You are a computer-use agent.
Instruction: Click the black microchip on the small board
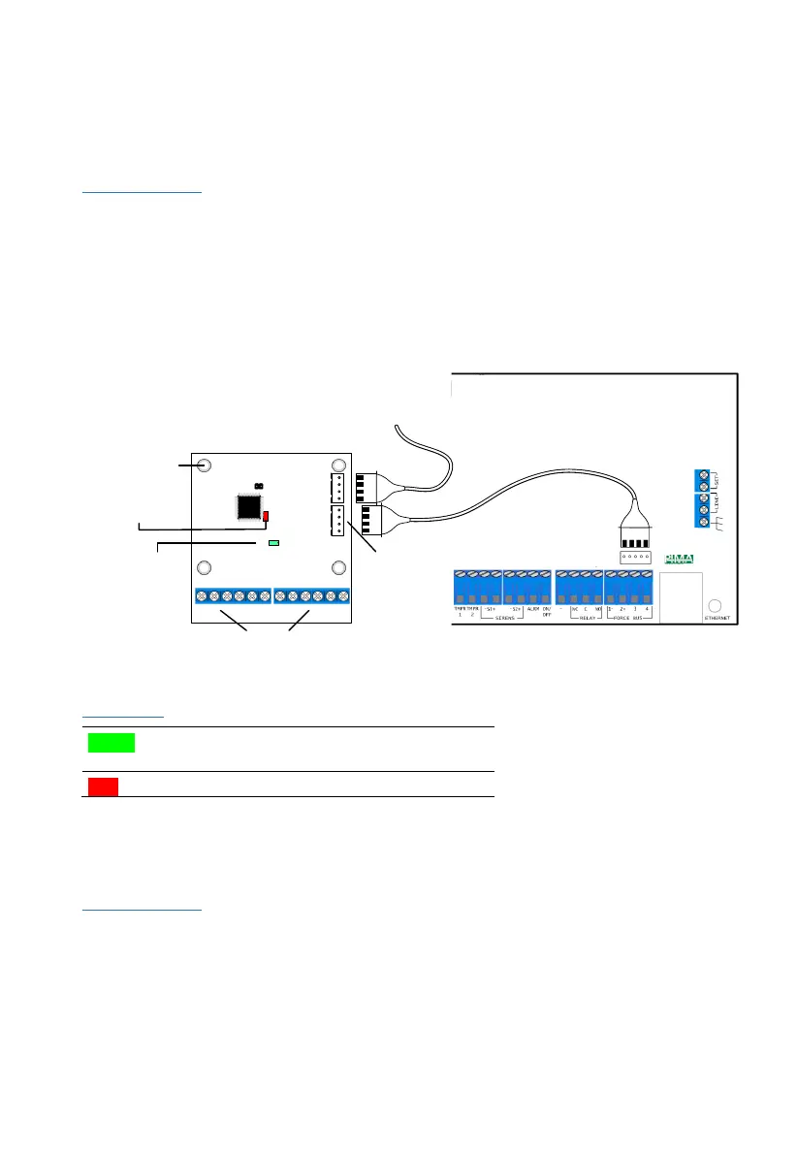pos(249,506)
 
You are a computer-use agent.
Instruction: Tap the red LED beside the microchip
pos(266,515)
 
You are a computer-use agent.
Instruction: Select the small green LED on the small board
pos(273,543)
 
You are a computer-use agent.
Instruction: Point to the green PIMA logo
pos(680,559)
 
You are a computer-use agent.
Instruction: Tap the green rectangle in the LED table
pos(111,744)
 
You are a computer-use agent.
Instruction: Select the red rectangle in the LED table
pos(100,786)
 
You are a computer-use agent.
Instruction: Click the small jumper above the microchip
pos(258,485)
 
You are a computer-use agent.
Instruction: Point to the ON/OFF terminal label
pos(546,611)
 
